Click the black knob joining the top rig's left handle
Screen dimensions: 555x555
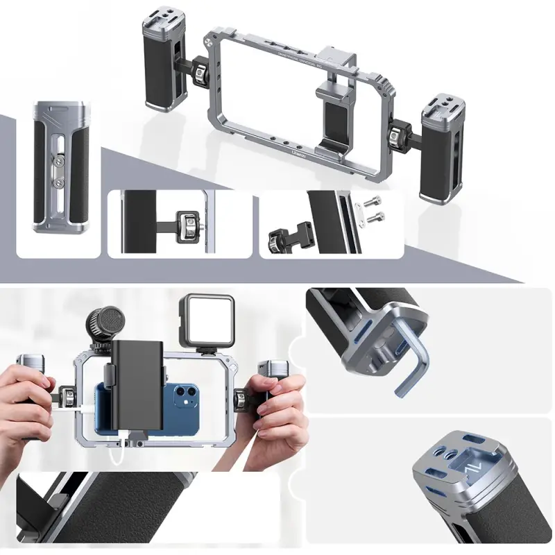click(200, 70)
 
